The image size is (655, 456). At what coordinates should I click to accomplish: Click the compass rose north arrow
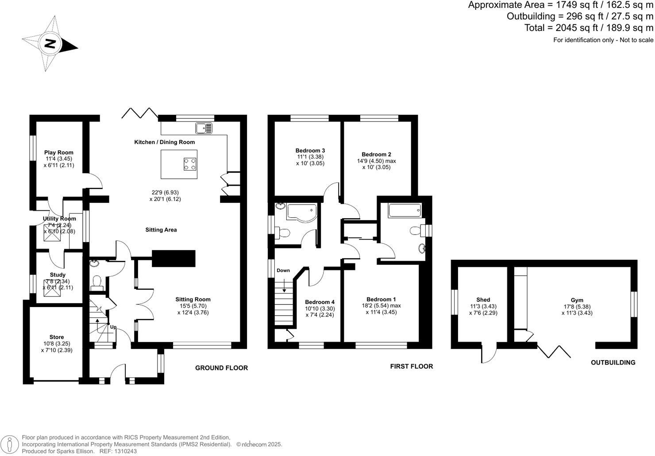(50, 44)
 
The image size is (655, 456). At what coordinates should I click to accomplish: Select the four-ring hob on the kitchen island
(190, 164)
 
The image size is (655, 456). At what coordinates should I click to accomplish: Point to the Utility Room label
(59, 219)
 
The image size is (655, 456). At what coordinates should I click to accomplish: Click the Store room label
(57, 337)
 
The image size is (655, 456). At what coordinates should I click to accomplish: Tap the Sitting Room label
(193, 299)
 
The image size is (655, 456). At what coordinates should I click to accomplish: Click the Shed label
(483, 300)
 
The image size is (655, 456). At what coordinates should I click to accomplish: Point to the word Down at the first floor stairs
(283, 270)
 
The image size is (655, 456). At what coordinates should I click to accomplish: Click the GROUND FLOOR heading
(221, 368)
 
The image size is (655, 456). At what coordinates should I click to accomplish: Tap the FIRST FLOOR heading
(411, 366)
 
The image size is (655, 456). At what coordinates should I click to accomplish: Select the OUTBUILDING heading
(613, 362)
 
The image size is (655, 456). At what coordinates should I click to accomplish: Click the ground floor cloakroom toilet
(97, 281)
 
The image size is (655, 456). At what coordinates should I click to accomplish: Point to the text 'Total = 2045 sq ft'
(560, 28)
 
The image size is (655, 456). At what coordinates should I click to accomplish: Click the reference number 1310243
(125, 451)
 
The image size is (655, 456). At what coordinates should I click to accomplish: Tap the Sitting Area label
(161, 230)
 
